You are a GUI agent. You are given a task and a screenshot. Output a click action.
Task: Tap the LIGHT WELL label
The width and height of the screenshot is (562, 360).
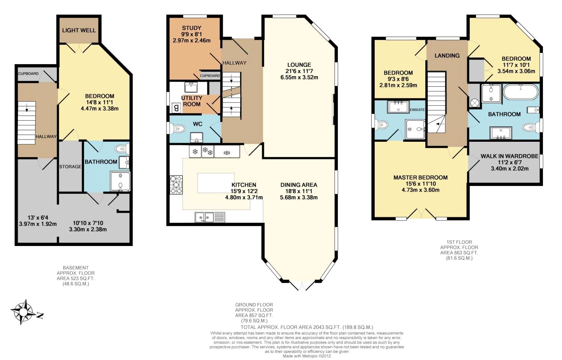coord(79,30)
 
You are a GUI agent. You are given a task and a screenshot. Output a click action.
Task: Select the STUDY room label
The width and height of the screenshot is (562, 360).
coord(191,28)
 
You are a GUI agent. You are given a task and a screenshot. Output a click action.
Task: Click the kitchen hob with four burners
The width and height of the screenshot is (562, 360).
coord(176,185)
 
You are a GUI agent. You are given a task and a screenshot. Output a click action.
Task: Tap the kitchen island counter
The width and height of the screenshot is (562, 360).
coord(215,183)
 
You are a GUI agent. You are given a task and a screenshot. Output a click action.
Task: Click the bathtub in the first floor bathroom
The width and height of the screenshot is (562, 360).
coord(520,91)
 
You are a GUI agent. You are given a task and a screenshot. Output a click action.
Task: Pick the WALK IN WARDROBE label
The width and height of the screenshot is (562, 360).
coord(509,156)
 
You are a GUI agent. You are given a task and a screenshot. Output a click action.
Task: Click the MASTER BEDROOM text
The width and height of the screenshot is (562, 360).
coord(420,177)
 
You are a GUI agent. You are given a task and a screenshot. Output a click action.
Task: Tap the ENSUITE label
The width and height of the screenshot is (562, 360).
coord(417,109)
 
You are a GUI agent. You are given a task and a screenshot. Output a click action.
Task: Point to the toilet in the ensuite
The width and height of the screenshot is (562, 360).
coord(381,125)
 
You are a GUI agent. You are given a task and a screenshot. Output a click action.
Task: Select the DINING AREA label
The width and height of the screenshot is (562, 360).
coord(299,184)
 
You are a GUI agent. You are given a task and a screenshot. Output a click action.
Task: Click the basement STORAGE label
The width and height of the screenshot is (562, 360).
coord(70,166)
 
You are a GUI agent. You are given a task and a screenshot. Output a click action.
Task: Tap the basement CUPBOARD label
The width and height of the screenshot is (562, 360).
coord(28,73)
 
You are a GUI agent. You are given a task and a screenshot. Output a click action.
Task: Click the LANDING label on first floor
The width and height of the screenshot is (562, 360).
coord(447,55)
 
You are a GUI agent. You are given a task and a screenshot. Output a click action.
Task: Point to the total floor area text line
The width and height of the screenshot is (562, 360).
coord(306,327)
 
